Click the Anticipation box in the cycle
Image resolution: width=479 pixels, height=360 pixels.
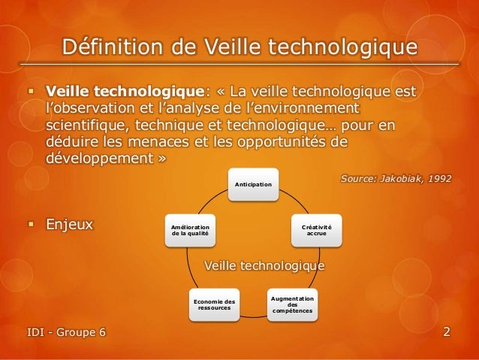(x=255, y=184)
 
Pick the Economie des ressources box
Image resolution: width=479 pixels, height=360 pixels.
(x=215, y=304)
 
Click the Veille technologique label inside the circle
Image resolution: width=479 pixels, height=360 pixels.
(x=265, y=265)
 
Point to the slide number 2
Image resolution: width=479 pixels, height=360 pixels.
(x=447, y=331)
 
